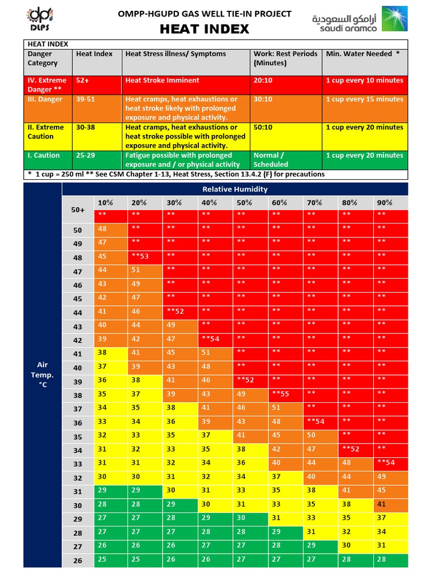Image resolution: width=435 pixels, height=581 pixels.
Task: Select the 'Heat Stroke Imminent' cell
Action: point(155,81)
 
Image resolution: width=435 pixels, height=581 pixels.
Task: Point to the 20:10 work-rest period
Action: point(263,81)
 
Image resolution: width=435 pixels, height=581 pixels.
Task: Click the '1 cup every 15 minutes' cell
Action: point(364,99)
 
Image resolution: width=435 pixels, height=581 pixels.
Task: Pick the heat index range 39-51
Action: point(86,99)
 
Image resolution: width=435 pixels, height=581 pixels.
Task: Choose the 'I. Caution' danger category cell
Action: point(44,155)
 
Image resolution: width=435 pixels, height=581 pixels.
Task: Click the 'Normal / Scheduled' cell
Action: point(270,160)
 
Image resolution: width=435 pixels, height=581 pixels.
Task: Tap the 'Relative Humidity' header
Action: point(234,190)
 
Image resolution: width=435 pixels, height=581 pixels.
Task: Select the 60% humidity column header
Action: point(279,203)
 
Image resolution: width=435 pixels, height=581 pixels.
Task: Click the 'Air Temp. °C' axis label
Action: point(42,374)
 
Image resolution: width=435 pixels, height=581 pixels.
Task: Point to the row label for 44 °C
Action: point(78,313)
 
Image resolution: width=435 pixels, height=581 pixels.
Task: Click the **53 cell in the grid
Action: point(139,256)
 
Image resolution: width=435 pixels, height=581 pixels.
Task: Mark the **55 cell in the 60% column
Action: point(280,393)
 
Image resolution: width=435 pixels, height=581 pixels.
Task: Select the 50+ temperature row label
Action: point(78,210)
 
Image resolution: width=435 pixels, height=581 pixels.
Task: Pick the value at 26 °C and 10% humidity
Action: point(102,559)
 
